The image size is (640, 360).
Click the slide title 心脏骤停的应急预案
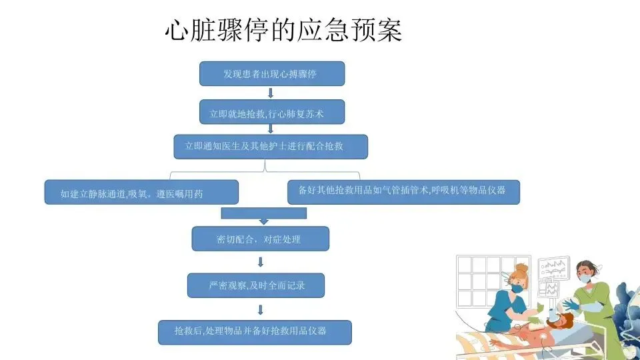pyautogui.click(x=283, y=30)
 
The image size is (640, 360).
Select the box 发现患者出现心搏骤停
pyautogui.click(x=272, y=73)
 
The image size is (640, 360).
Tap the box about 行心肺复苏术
pyautogui.click(x=272, y=113)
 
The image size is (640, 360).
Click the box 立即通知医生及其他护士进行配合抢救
pyautogui.click(x=271, y=147)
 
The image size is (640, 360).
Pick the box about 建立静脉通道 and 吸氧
pyautogui.click(x=141, y=193)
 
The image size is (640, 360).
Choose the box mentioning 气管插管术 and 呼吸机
pyautogui.click(x=403, y=191)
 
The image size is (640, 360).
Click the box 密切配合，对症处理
pyautogui.click(x=260, y=239)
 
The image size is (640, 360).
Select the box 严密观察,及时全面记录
pyautogui.click(x=256, y=285)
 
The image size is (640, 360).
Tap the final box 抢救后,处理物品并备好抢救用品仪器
pyautogui.click(x=254, y=332)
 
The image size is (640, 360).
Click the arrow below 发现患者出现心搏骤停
pyautogui.click(x=271, y=93)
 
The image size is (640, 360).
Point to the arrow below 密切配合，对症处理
pyautogui.click(x=261, y=262)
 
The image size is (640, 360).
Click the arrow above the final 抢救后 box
pyautogui.click(x=261, y=309)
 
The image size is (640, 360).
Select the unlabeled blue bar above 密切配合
pyautogui.click(x=263, y=213)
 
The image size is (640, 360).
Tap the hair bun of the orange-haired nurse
pyautogui.click(x=521, y=268)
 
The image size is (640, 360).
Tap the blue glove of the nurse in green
pyautogui.click(x=573, y=305)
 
